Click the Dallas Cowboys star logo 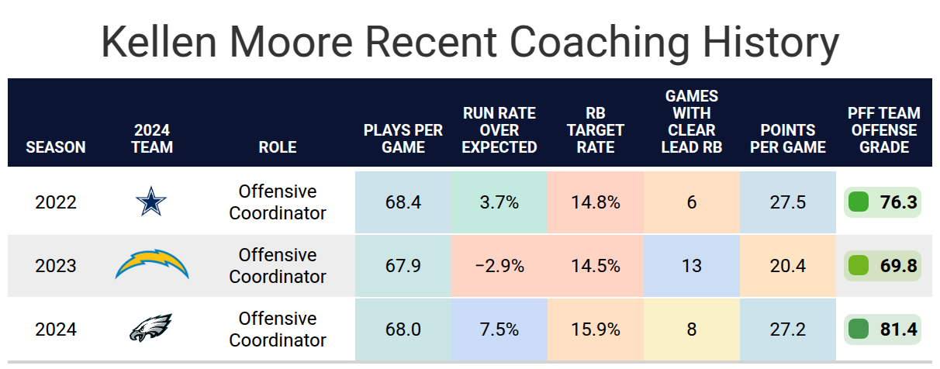tap(151, 202)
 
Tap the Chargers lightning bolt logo tap(152, 264)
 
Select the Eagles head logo tap(150, 327)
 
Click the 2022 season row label tap(56, 202)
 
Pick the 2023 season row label tap(56, 266)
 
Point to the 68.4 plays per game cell tap(403, 202)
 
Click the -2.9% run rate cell tap(499, 266)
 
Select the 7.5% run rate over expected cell tap(499, 329)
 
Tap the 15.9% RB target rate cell tap(596, 329)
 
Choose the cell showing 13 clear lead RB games tap(692, 266)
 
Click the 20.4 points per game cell tap(788, 266)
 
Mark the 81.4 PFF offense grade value tap(898, 329)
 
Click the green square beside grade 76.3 tap(859, 202)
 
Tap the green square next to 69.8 tap(859, 266)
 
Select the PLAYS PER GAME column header tap(403, 138)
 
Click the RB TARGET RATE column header tap(596, 130)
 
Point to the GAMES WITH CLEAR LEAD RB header tap(692, 122)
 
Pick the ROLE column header tap(278, 147)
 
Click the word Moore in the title tap(291, 42)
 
